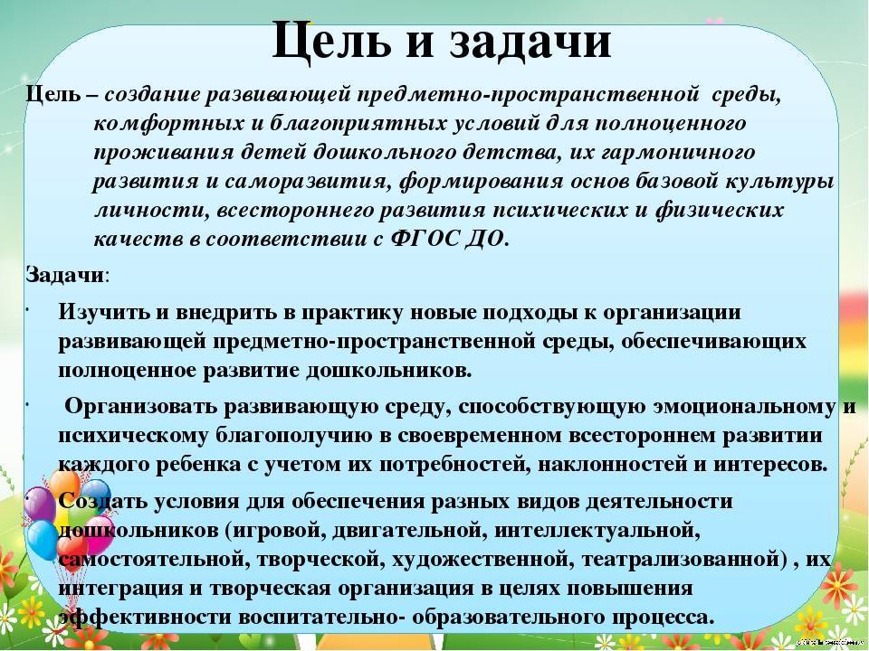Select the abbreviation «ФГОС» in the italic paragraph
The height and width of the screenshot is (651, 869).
(426, 239)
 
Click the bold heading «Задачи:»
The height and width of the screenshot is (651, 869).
(68, 275)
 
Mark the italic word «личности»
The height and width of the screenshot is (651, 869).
(152, 211)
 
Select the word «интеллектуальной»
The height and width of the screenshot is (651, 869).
(597, 530)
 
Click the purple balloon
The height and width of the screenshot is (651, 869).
(39, 503)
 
